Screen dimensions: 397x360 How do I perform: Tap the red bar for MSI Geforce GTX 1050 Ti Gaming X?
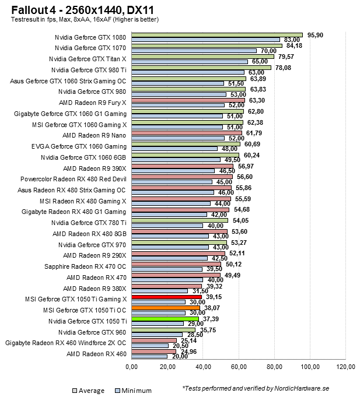tap(166, 297)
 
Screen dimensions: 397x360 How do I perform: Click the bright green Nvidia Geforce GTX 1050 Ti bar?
tap(165, 319)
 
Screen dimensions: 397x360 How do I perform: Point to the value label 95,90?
tap(314, 34)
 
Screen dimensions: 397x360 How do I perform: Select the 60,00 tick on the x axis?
tap(239, 367)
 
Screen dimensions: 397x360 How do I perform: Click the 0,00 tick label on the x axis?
tap(132, 367)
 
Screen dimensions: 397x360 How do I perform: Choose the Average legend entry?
tap(88, 391)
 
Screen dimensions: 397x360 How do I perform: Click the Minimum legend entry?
tap(133, 391)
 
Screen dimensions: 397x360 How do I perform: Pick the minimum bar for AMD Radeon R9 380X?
tap(160, 291)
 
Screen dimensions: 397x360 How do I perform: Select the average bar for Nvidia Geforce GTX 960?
tap(163, 329)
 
